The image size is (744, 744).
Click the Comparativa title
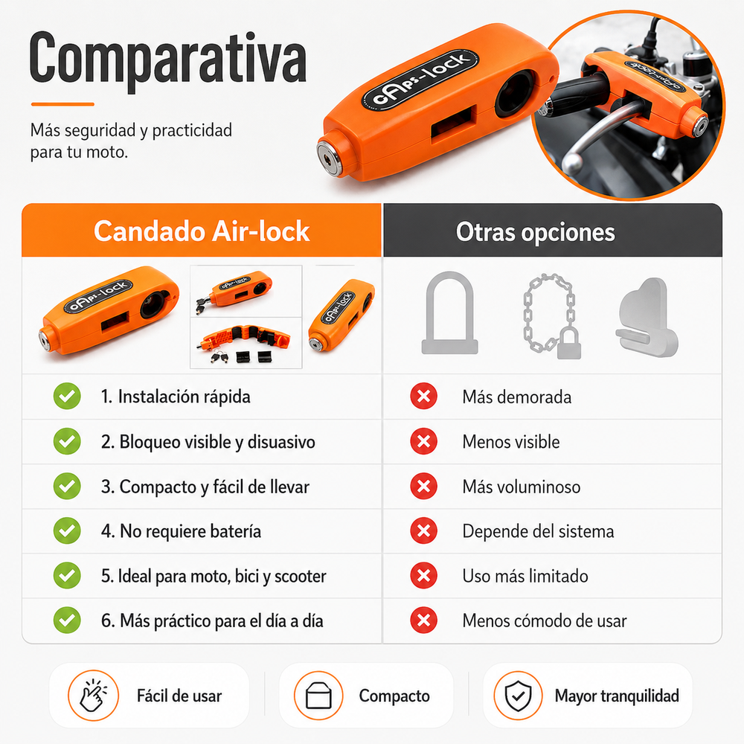coord(168,61)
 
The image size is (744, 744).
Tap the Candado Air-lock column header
coord(202,231)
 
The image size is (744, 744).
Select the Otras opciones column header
coord(535,232)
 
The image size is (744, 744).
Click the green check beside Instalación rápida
coord(67,397)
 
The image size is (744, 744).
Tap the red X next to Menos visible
coord(424,441)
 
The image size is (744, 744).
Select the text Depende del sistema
coord(538,531)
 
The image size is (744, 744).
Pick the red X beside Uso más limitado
coord(424,576)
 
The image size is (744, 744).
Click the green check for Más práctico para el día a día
coord(67,620)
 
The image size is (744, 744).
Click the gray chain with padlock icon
coord(552,316)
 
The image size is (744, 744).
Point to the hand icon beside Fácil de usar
coord(93,696)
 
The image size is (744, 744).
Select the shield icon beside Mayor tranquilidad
coord(518,696)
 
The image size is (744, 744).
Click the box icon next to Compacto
coord(318,696)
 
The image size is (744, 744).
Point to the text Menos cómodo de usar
coord(545,620)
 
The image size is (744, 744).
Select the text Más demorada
coord(517,397)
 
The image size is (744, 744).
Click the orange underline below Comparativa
coord(62,104)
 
